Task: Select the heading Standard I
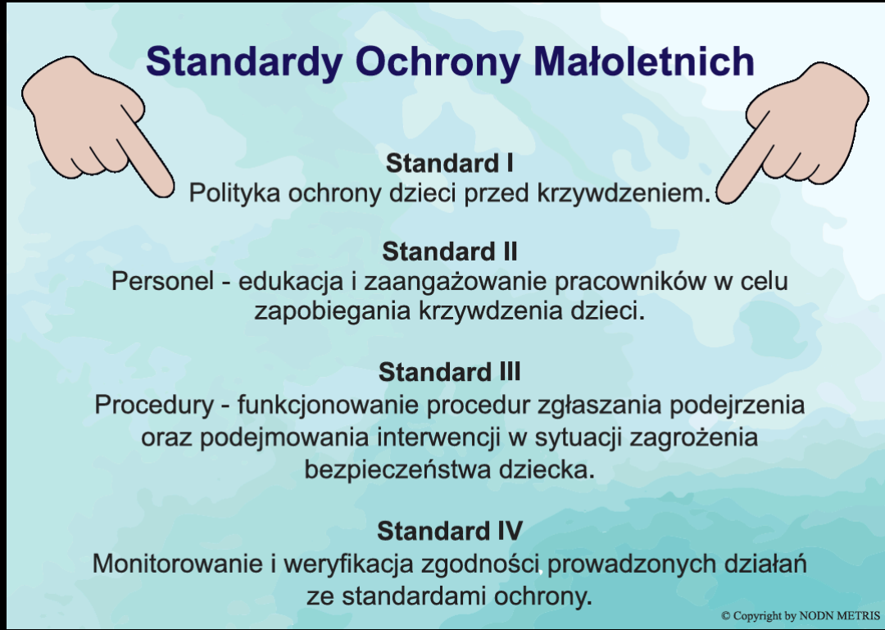pos(449,163)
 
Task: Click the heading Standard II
pos(449,252)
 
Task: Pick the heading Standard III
pos(449,372)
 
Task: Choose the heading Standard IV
pos(449,531)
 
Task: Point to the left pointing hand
pos(96,125)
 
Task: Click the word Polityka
pos(234,193)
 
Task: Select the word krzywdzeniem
pos(623,193)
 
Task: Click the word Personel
pos(162,280)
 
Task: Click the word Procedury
pos(154,406)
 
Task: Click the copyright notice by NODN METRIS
pos(801,615)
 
